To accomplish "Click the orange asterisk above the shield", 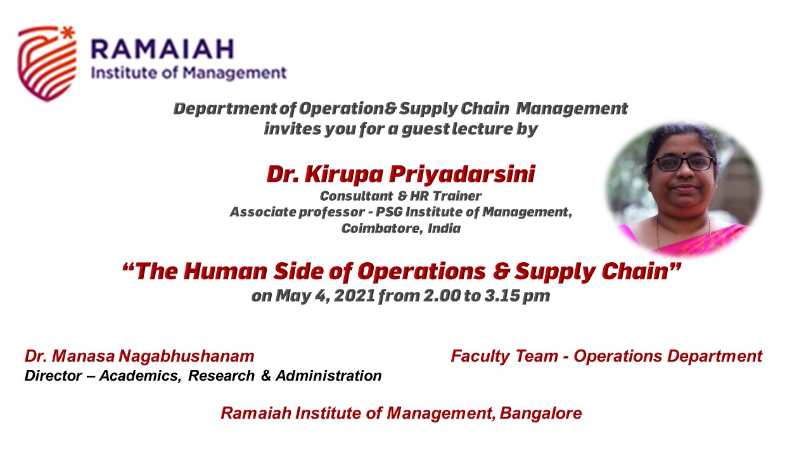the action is click(68, 32).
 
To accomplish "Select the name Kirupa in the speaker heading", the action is click(344, 174).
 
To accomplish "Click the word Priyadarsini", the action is click(463, 174).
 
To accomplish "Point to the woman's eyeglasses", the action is click(683, 163).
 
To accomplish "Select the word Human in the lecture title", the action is click(225, 272).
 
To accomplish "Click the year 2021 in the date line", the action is click(354, 296).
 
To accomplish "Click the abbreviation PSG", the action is click(389, 212).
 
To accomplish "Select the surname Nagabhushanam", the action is click(186, 356).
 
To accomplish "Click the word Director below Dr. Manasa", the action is click(53, 376).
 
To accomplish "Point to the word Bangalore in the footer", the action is click(540, 414).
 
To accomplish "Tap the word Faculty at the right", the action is click(481, 357).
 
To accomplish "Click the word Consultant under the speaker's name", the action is click(356, 196).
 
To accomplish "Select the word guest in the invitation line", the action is click(426, 129).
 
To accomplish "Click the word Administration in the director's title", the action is click(329, 376).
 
